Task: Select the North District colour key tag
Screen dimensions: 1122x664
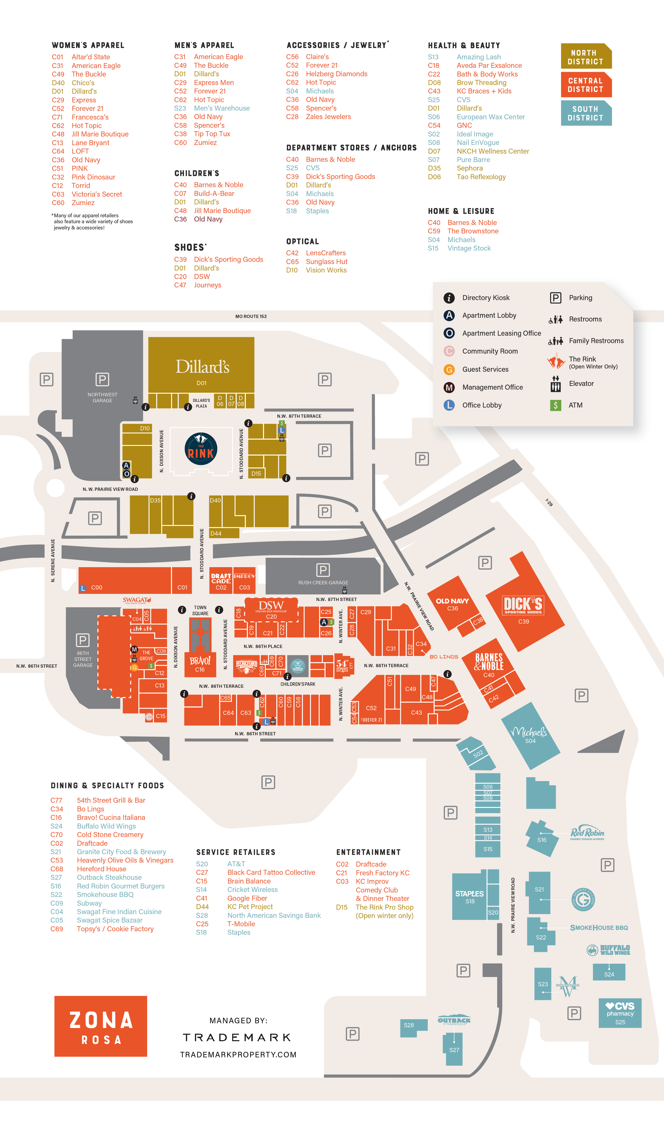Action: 586,57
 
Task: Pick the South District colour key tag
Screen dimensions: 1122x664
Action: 586,113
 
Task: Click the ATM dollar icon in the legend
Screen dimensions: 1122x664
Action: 555,405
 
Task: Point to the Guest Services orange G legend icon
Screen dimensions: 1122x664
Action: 449,369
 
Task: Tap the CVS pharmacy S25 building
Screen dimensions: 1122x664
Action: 620,1012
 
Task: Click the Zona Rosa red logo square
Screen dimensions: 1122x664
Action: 101,1026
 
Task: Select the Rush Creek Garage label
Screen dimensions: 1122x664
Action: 323,583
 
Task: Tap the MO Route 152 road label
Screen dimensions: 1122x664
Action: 251,316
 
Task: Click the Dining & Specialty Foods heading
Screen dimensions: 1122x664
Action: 107,785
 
